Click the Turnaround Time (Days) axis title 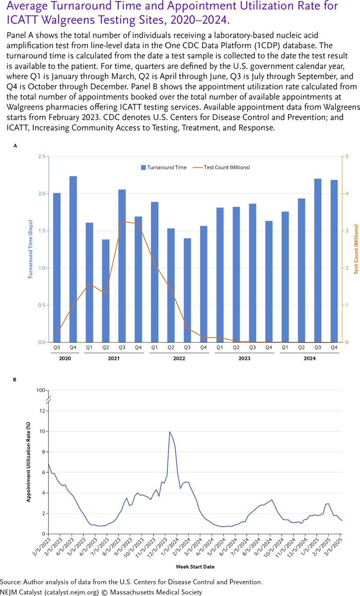pos(30,249)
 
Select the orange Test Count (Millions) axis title pos(356,249)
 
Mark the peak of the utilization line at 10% pos(170,432)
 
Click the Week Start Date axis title pos(195,566)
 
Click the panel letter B pos(15,379)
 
